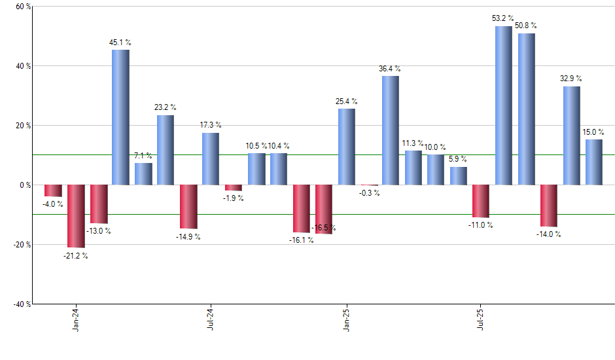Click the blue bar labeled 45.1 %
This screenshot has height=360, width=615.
[x=120, y=117]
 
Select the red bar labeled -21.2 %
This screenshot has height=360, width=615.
[x=76, y=216]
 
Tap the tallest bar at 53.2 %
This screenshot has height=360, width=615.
[x=504, y=105]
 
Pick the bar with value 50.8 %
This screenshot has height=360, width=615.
[x=526, y=109]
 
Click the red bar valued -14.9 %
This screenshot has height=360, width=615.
[x=188, y=207]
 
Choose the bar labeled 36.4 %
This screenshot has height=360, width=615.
[x=391, y=130]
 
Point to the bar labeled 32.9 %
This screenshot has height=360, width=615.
[x=571, y=135]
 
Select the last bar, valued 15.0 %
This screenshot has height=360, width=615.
[x=594, y=162]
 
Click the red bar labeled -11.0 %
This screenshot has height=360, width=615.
[x=481, y=201]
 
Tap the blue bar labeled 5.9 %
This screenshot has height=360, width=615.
[x=459, y=176]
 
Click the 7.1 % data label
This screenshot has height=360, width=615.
[x=143, y=156]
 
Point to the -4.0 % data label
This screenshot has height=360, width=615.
[x=52, y=204]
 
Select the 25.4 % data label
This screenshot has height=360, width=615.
[x=346, y=101]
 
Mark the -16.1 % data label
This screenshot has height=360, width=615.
[x=301, y=240]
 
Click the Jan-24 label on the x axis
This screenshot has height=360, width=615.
[x=77, y=320]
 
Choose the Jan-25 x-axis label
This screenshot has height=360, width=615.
[x=346, y=320]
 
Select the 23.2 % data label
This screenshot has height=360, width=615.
[x=165, y=107]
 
